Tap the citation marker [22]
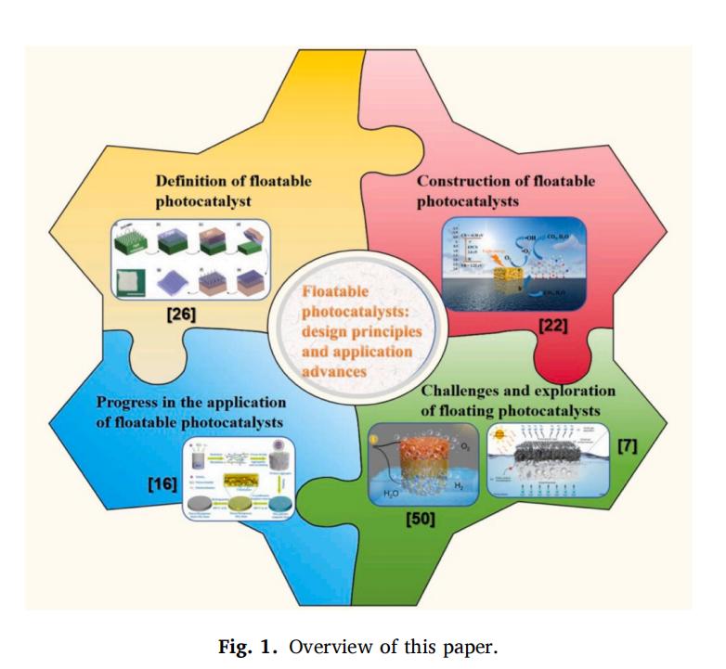[551, 327]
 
